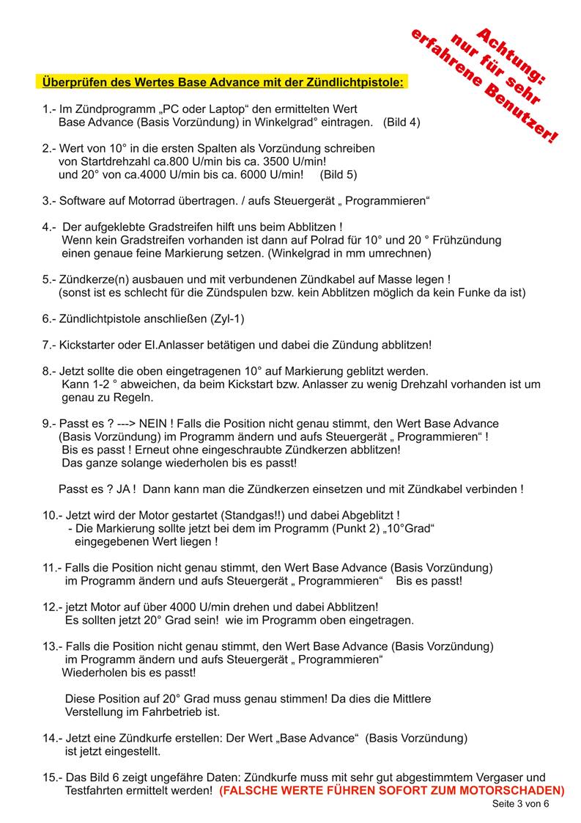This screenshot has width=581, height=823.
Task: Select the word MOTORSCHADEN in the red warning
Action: coord(515,791)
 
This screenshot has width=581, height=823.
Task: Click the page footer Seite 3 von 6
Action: coord(519,804)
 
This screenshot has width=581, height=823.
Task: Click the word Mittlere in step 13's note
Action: coord(407,698)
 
